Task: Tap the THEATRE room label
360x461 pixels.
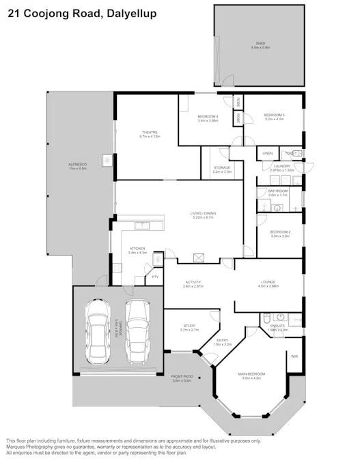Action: coord(150,132)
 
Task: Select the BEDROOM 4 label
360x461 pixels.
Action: coord(208,117)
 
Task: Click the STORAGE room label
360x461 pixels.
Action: coord(222,167)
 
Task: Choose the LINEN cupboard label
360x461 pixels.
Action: coord(267,153)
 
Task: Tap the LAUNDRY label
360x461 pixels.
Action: coord(281,166)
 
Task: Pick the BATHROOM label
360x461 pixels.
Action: coord(278,191)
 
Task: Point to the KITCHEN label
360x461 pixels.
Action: coord(137,249)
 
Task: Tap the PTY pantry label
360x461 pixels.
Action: coord(155,277)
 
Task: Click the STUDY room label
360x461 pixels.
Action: coord(189,326)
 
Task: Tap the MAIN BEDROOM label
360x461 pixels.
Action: coord(252,374)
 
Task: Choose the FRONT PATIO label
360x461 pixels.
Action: coord(181,378)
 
